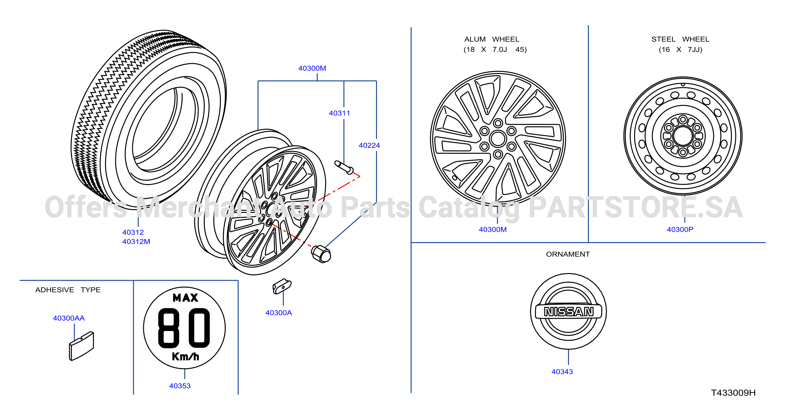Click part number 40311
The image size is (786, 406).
(339, 113)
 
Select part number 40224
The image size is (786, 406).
(369, 145)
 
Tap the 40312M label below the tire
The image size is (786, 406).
(136, 241)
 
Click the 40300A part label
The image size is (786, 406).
(279, 312)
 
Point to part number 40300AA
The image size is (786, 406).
(69, 318)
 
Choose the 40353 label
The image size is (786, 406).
(180, 385)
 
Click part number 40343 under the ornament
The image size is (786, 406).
(562, 372)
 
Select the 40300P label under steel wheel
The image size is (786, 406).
(680, 229)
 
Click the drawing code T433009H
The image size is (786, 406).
(733, 393)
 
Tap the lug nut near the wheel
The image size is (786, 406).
(321, 254)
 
